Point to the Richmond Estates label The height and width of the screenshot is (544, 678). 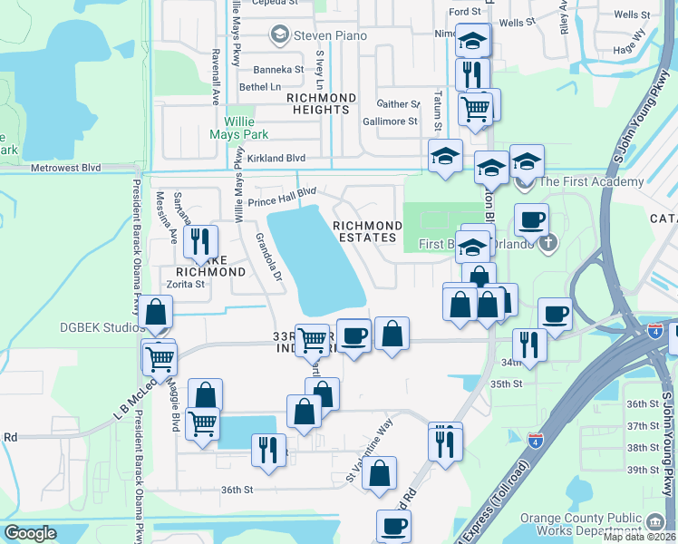367,231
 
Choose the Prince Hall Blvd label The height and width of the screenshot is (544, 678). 282,192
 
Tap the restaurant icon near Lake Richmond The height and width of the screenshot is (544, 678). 200,241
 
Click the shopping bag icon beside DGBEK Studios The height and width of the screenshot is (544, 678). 156,312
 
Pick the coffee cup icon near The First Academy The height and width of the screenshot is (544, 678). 531,219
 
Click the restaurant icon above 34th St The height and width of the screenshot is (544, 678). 528,344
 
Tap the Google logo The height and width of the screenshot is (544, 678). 31,533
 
